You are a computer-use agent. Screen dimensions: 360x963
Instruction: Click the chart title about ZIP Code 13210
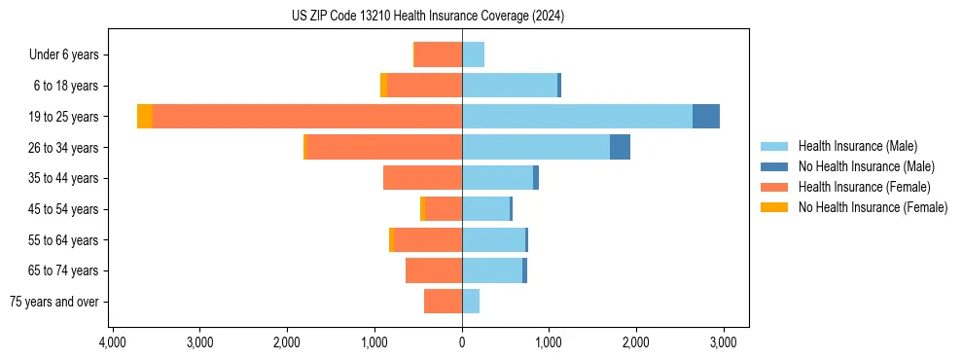tap(428, 17)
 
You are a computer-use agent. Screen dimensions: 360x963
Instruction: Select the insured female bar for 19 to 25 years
tap(306, 117)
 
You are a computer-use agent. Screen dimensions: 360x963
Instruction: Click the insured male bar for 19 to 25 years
tap(577, 117)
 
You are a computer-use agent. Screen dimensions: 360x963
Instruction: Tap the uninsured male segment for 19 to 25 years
tap(705, 117)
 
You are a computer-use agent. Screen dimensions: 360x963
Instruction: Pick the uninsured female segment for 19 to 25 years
tap(145, 117)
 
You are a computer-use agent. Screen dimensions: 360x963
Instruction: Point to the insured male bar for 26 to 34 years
tap(536, 147)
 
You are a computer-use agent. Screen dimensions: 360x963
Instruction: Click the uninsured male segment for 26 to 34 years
tap(620, 147)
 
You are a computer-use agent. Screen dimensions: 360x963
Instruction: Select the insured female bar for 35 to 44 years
tap(422, 178)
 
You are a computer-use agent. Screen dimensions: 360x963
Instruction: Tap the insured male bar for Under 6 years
tap(473, 54)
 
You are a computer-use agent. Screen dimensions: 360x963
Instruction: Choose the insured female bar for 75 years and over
tap(443, 302)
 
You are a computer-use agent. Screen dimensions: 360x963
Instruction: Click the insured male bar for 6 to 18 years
tap(510, 86)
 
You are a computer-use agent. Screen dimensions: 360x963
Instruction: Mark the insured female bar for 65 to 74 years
tap(434, 270)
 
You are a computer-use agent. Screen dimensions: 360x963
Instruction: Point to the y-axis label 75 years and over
tap(54, 302)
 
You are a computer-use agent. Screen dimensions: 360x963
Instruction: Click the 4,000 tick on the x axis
tap(113, 342)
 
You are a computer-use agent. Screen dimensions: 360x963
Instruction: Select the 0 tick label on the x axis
tap(462, 342)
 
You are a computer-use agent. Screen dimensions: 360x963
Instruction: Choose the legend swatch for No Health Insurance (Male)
tap(774, 166)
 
